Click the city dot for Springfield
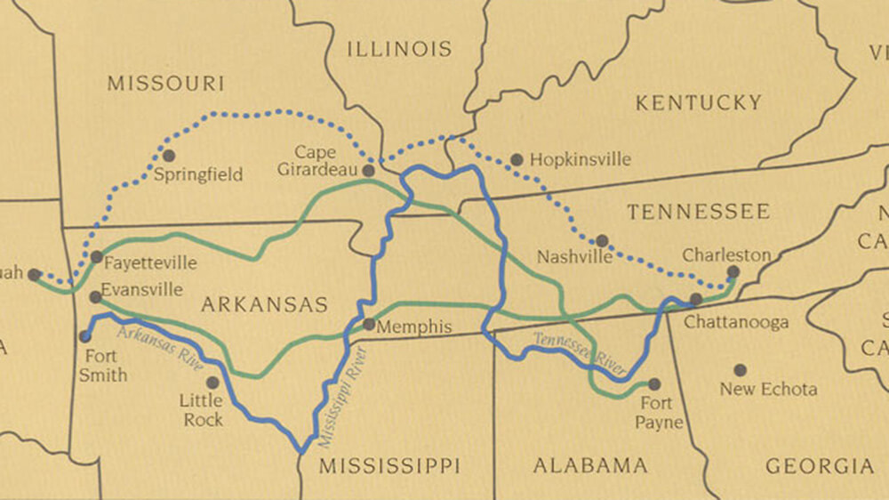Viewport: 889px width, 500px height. pos(169,156)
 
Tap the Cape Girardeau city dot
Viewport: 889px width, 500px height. pos(368,170)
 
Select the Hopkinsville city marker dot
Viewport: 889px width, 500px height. pos(517,160)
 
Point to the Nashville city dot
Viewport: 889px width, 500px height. pos(602,241)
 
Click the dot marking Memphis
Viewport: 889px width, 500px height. pos(369,325)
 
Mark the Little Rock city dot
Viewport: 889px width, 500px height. pos(212,383)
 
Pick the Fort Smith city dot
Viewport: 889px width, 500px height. pos(85,336)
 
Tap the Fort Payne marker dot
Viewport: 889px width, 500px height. pos(654,384)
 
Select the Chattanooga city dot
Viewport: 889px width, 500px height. pos(696,299)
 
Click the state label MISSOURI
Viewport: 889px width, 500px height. pos(165,84)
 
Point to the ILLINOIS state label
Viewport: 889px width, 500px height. pos(399,49)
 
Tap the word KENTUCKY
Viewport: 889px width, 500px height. pos(698,103)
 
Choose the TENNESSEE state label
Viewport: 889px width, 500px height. pos(698,212)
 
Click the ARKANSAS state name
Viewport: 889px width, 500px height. pos(265,305)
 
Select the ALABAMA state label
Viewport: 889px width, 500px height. pos(589,465)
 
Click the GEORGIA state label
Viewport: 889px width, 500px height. pos(820,465)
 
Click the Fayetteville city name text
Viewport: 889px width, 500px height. pos(149,263)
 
